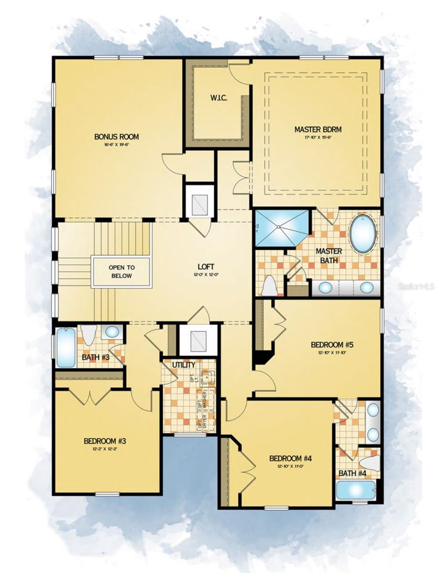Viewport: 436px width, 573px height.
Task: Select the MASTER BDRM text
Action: (318, 129)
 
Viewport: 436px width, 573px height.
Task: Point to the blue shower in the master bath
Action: (282, 228)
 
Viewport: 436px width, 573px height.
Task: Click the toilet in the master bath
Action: (269, 286)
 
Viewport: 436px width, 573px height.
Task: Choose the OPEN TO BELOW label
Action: (122, 272)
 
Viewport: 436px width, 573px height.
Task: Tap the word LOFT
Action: (206, 266)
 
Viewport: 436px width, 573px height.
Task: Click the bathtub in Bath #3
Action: (66, 347)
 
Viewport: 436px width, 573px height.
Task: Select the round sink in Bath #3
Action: (112, 332)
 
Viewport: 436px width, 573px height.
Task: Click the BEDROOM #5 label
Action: (332, 344)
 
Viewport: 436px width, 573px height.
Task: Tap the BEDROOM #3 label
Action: (105, 441)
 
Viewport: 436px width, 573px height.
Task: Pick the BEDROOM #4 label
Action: (290, 458)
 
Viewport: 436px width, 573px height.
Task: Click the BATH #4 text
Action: (352, 474)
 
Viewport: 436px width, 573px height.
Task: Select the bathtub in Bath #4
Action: (356, 490)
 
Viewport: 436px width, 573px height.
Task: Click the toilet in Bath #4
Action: (371, 462)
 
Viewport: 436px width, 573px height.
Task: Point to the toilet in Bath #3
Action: (88, 334)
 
